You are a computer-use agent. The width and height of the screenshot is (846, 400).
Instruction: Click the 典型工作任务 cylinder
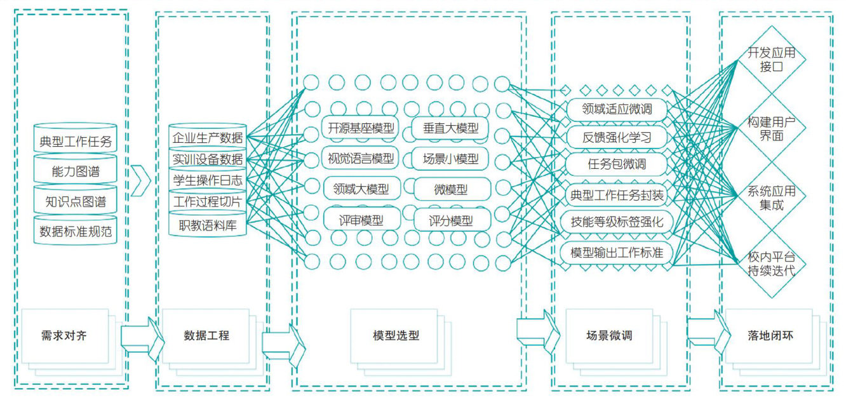point(76,141)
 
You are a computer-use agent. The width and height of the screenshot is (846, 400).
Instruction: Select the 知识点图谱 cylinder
point(76,203)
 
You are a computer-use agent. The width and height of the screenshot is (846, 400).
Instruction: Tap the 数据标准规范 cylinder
point(76,232)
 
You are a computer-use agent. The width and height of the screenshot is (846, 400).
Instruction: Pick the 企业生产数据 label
point(208,138)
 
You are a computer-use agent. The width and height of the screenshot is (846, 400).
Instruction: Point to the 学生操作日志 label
point(208,180)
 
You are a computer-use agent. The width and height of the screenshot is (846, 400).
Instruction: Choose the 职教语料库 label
point(208,224)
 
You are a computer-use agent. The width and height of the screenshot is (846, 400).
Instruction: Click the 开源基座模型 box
point(361,128)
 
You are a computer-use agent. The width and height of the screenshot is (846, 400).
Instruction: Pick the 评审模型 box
point(361,220)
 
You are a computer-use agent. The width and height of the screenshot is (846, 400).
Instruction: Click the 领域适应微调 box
point(617,109)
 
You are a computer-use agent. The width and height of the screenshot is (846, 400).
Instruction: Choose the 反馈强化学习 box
point(617,137)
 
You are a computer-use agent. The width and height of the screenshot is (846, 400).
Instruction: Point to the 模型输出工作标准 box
point(617,253)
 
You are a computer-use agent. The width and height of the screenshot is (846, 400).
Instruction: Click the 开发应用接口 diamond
point(770,60)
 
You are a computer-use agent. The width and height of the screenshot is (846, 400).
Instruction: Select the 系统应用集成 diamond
point(770,198)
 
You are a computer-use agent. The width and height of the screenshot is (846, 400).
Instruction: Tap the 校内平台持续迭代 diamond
point(770,263)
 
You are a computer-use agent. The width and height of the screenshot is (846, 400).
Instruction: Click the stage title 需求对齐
point(64,335)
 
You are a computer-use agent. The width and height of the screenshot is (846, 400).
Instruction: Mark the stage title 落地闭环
point(770,335)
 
